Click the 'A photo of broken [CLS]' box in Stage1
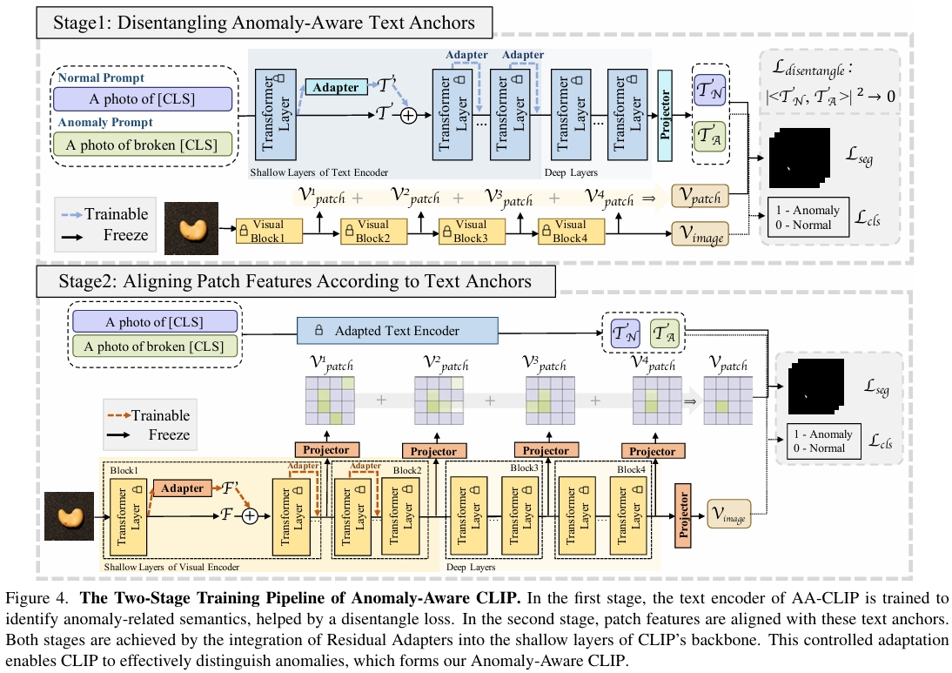(x=143, y=144)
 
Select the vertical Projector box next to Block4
(x=682, y=515)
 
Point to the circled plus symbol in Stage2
(x=251, y=516)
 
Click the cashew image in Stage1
(x=191, y=230)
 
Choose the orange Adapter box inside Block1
(x=184, y=489)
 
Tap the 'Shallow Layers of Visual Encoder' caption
(x=171, y=567)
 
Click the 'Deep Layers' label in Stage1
(x=571, y=172)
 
